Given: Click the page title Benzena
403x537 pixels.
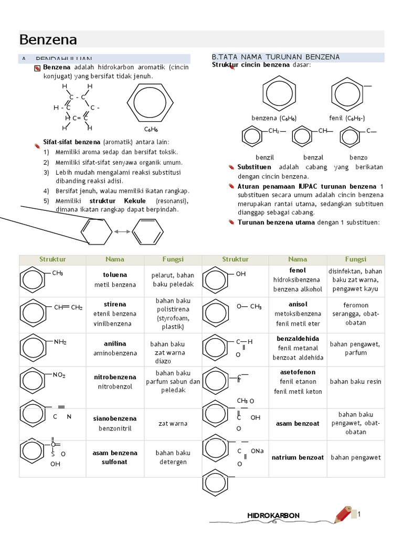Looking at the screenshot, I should click(x=48, y=40).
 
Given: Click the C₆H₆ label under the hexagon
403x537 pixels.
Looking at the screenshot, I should click(x=151, y=129).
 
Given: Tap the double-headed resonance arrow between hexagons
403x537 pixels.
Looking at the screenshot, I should click(x=122, y=231).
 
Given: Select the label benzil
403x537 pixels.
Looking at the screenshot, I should click(x=265, y=157).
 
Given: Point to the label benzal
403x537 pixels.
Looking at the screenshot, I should click(x=313, y=157).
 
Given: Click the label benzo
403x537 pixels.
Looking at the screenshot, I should click(x=358, y=157).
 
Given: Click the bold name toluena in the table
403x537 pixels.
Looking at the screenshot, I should click(x=115, y=275).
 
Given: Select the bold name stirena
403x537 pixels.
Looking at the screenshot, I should click(x=115, y=304).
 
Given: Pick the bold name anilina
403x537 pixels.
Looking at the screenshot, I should click(x=115, y=344).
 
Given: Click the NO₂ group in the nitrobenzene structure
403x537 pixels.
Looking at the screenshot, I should click(x=59, y=375).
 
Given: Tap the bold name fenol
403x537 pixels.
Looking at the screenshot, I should click(x=298, y=270).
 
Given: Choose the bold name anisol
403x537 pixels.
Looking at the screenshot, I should click(x=298, y=304).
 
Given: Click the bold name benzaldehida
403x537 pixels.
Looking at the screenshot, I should click(x=298, y=339).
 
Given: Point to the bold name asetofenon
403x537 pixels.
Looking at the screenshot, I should click(x=298, y=372).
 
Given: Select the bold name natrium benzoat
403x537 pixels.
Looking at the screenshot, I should click(x=298, y=458).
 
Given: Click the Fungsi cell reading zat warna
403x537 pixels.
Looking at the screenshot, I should click(x=173, y=424).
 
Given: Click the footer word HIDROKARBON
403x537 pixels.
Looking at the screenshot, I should click(x=273, y=515).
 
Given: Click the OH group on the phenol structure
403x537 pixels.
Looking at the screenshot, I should click(x=241, y=274).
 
